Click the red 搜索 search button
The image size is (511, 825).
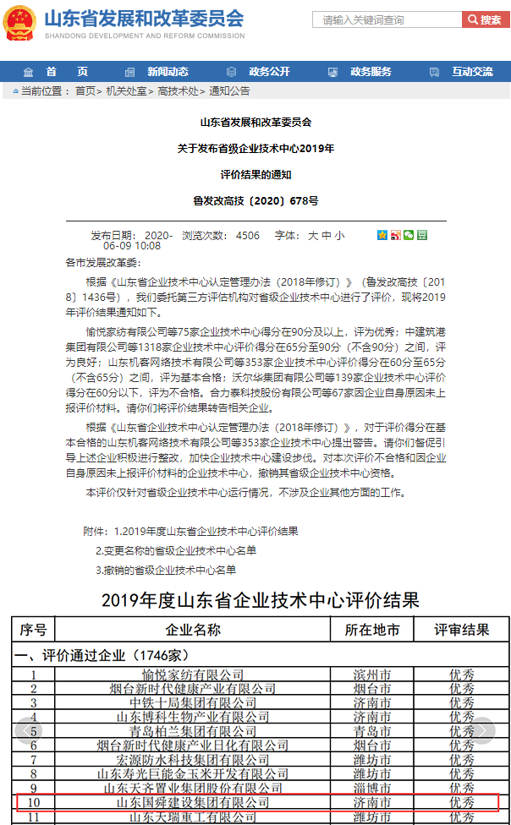pyautogui.click(x=486, y=19)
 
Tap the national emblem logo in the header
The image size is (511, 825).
pyautogui.click(x=19, y=22)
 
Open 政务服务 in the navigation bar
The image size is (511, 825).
pyautogui.click(x=371, y=72)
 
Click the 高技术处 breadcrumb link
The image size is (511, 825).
pyautogui.click(x=178, y=90)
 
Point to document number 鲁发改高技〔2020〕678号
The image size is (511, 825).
pyautogui.click(x=255, y=201)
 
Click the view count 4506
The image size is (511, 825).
pyautogui.click(x=248, y=235)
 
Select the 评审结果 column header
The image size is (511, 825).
pyautogui.click(x=462, y=630)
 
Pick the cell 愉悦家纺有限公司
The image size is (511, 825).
pyautogui.click(x=193, y=675)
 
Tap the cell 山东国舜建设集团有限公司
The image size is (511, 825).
pyautogui.click(x=193, y=800)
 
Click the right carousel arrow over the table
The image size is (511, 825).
pyautogui.click(x=483, y=729)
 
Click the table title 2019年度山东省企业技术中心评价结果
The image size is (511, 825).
pyautogui.click(x=260, y=600)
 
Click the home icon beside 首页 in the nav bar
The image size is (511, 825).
pyautogui.click(x=29, y=72)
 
